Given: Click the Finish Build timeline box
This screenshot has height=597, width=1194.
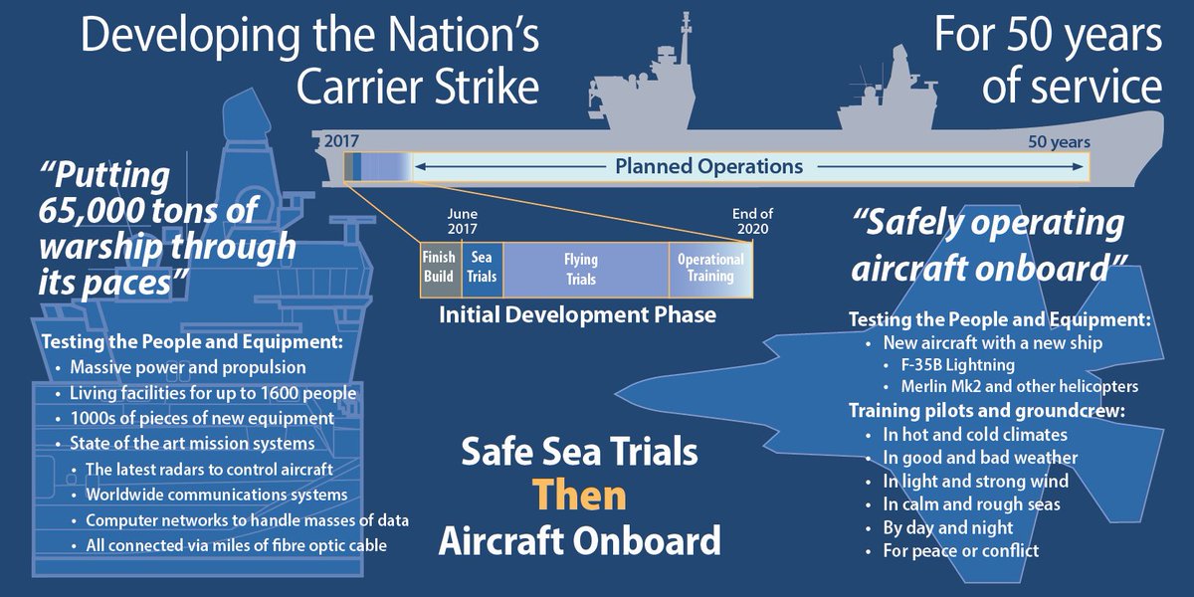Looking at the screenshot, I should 439,269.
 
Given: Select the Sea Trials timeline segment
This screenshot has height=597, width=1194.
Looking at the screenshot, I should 483,269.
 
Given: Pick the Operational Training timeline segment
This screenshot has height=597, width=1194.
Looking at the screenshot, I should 710,269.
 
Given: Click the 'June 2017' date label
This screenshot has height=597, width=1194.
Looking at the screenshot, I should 463,222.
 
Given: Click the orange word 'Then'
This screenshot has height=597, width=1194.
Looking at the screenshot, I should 579,496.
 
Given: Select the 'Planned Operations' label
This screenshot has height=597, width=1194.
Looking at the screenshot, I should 708,166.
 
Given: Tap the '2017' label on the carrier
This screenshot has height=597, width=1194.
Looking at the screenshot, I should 341,141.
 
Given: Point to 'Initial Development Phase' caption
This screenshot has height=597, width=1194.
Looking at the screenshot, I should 578,315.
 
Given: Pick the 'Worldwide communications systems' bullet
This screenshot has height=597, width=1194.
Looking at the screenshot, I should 216,495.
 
